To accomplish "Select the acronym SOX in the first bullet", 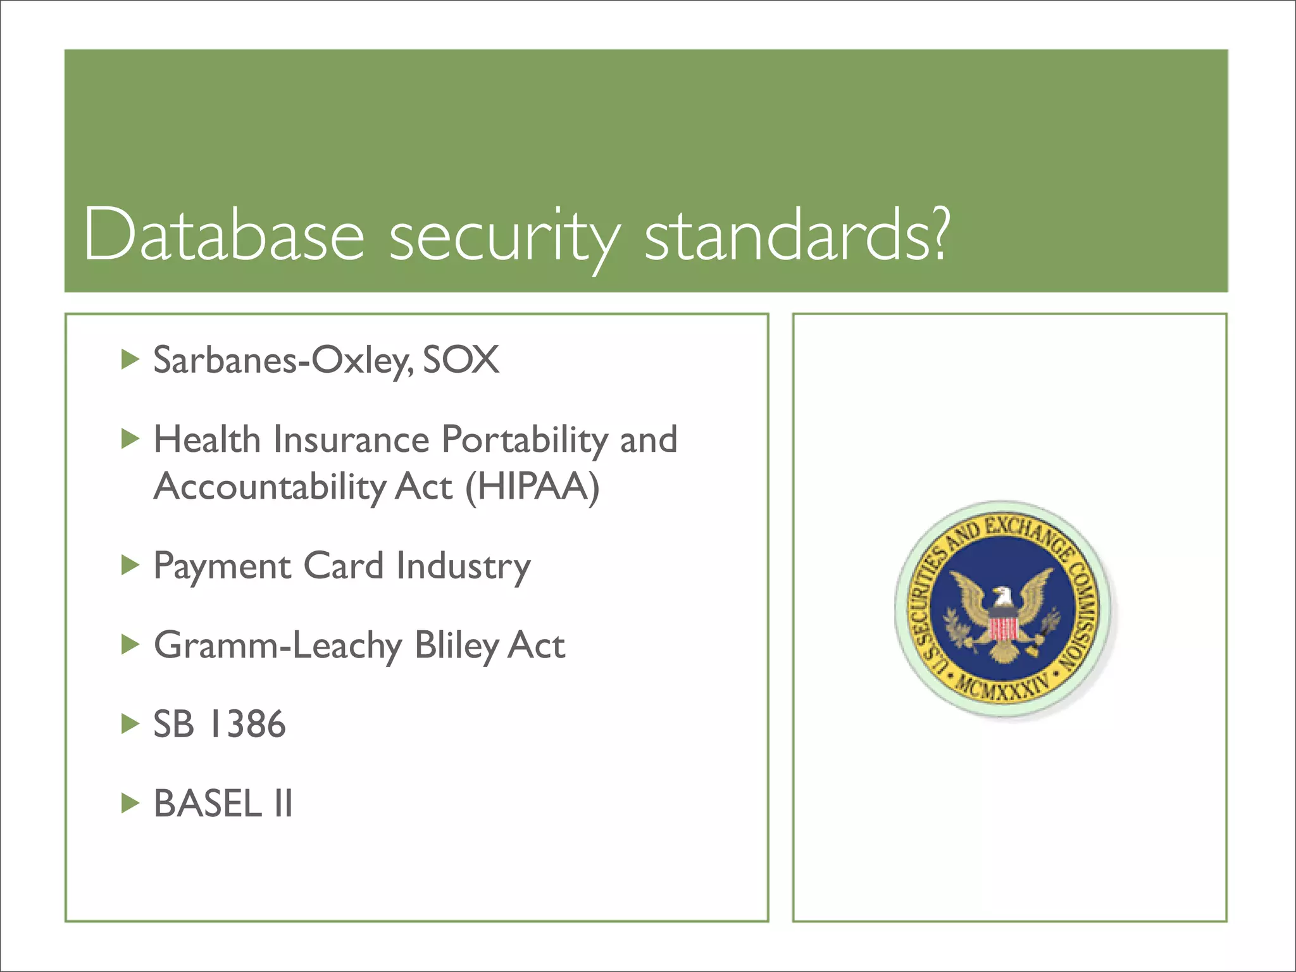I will click(461, 359).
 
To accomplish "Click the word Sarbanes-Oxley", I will click(283, 361).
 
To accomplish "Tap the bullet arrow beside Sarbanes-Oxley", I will click(130, 360).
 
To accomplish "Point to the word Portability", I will click(525, 439).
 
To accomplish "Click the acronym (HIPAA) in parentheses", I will click(532, 487).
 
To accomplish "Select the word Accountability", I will click(270, 487).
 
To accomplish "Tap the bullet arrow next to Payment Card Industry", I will click(130, 565).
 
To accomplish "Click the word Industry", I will click(463, 566).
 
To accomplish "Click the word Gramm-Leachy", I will click(278, 645).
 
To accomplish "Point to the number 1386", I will click(247, 724).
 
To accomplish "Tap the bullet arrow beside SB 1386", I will click(130, 724).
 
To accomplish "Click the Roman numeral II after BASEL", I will click(283, 804).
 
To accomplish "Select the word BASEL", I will click(208, 804).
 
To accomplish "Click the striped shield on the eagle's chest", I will click(1002, 628).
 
